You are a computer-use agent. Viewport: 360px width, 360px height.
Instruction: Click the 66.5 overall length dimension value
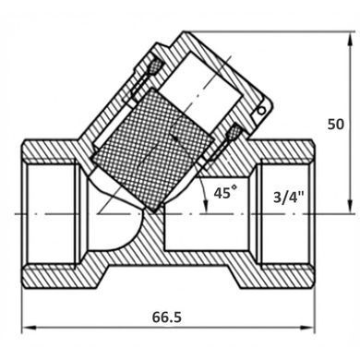(x=167, y=318)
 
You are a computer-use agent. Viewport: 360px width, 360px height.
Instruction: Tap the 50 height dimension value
(x=336, y=125)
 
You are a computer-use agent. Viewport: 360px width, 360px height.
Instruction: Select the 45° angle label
(x=226, y=192)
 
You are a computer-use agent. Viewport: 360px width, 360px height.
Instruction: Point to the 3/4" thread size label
(x=289, y=197)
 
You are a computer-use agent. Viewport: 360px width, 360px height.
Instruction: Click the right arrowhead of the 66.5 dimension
(x=308, y=328)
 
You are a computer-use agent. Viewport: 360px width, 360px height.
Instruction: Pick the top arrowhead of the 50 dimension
(x=350, y=40)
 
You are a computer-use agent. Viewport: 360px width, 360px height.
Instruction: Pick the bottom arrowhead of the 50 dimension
(x=350, y=206)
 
